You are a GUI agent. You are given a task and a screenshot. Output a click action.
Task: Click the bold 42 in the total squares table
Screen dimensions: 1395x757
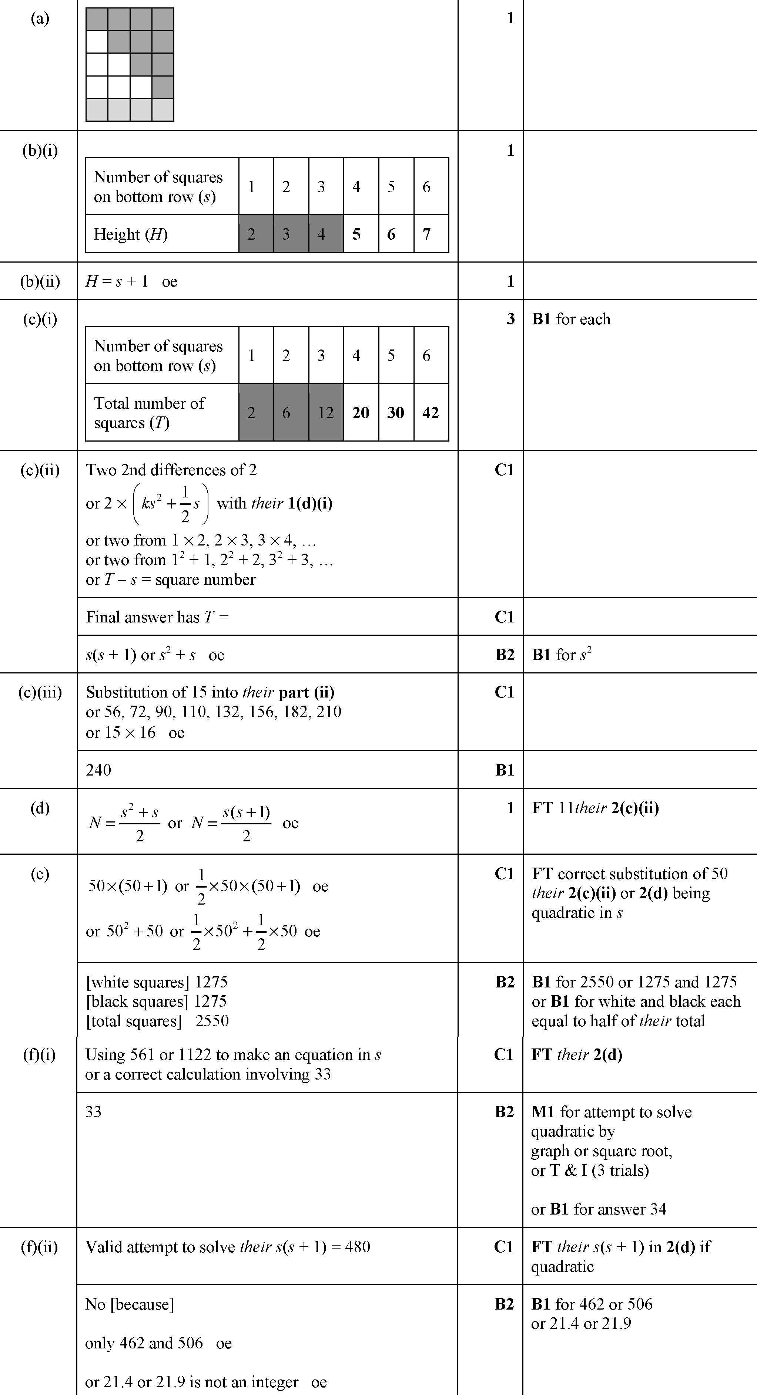click(x=431, y=413)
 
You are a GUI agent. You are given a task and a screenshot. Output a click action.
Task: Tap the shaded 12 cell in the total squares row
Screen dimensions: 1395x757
click(x=326, y=413)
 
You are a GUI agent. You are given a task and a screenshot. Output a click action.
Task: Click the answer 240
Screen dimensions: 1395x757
click(x=98, y=770)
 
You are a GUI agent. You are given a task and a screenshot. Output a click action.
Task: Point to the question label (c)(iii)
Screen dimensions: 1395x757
click(x=40, y=692)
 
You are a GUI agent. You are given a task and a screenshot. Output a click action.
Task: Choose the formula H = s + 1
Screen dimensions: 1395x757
click(x=117, y=281)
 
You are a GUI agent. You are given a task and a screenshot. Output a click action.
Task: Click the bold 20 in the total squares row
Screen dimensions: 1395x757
click(x=361, y=413)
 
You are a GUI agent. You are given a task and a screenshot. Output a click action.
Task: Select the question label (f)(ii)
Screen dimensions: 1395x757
click(x=39, y=1247)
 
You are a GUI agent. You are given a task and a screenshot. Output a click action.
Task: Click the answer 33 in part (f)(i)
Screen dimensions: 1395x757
click(x=94, y=1112)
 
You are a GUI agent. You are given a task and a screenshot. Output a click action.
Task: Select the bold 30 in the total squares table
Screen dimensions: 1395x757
click(x=396, y=413)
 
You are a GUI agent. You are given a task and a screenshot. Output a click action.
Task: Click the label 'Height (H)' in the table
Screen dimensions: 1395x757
click(x=131, y=234)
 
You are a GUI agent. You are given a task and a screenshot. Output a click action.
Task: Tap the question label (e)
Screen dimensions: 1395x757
click(x=40, y=874)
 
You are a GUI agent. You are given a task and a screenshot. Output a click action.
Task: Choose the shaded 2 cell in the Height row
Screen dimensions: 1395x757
click(x=251, y=234)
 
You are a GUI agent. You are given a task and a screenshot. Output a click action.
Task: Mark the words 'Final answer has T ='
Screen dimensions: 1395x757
click(x=157, y=617)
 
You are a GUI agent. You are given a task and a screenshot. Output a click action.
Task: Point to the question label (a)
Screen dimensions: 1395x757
click(x=40, y=18)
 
